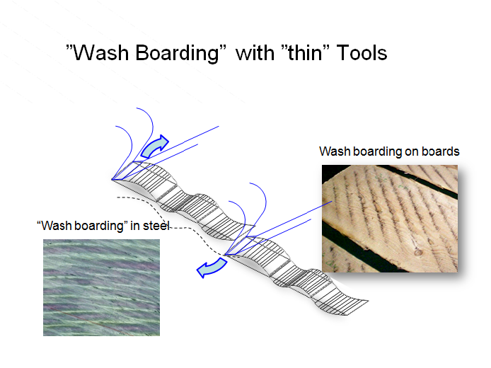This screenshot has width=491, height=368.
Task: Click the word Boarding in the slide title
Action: (178, 53)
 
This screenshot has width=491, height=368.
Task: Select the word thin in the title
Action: (305, 52)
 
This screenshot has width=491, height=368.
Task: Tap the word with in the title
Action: (255, 52)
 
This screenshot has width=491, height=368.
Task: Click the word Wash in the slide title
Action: (101, 52)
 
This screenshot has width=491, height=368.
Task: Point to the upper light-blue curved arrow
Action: (155, 146)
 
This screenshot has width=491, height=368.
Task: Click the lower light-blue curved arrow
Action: (212, 268)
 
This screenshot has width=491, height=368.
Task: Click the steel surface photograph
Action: (101, 287)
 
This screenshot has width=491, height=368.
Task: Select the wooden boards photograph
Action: (390, 218)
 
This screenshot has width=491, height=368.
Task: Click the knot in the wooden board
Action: (417, 252)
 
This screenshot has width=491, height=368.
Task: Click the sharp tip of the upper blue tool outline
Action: (112, 180)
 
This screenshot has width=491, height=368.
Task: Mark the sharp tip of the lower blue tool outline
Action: (225, 255)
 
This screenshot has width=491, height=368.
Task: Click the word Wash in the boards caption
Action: (335, 151)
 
